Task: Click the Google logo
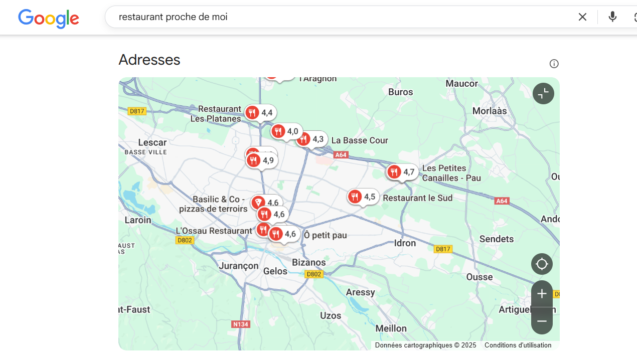coord(49,18)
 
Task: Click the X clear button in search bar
coord(582,17)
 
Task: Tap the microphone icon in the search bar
coord(612,17)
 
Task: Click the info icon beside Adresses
coord(554,64)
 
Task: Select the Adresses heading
coord(149,60)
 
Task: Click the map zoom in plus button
coord(542,294)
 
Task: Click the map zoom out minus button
coord(542,321)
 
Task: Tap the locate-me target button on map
coord(542,264)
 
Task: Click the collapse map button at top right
coord(543,94)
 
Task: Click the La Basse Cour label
coord(360,140)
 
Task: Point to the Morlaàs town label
coord(490,111)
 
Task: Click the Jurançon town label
coord(239,265)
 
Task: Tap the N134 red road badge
coord(241,324)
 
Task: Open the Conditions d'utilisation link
coord(518,345)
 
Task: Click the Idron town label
coord(405,243)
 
